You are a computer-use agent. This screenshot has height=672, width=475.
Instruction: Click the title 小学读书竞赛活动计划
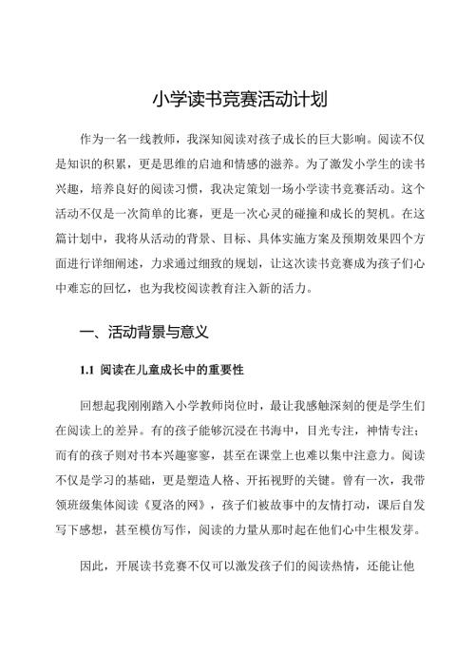(x=237, y=98)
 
